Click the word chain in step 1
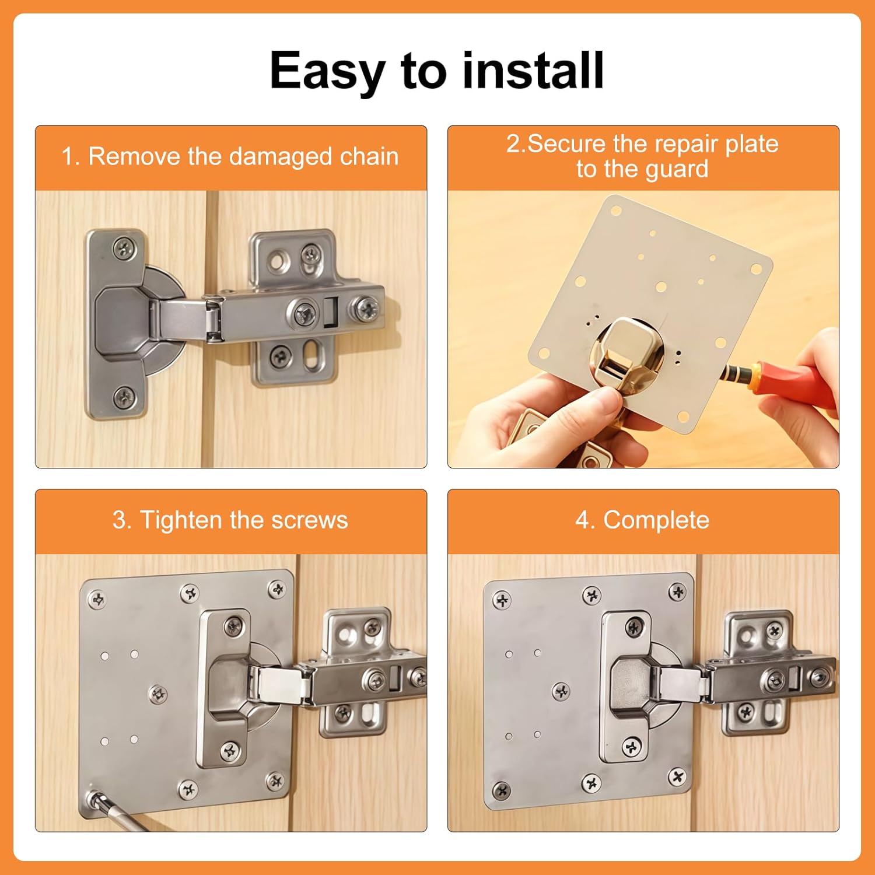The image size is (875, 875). (x=369, y=156)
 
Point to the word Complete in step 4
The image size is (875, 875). (x=656, y=520)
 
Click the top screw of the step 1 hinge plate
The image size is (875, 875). (x=124, y=249)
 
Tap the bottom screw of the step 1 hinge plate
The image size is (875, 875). (x=124, y=398)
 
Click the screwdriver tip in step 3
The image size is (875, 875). (x=93, y=798)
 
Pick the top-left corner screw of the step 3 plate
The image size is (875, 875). (x=96, y=599)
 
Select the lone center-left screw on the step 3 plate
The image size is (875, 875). (x=157, y=694)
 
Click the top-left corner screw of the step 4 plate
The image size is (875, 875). (x=502, y=600)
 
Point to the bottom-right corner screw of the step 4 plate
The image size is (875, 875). (x=677, y=777)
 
